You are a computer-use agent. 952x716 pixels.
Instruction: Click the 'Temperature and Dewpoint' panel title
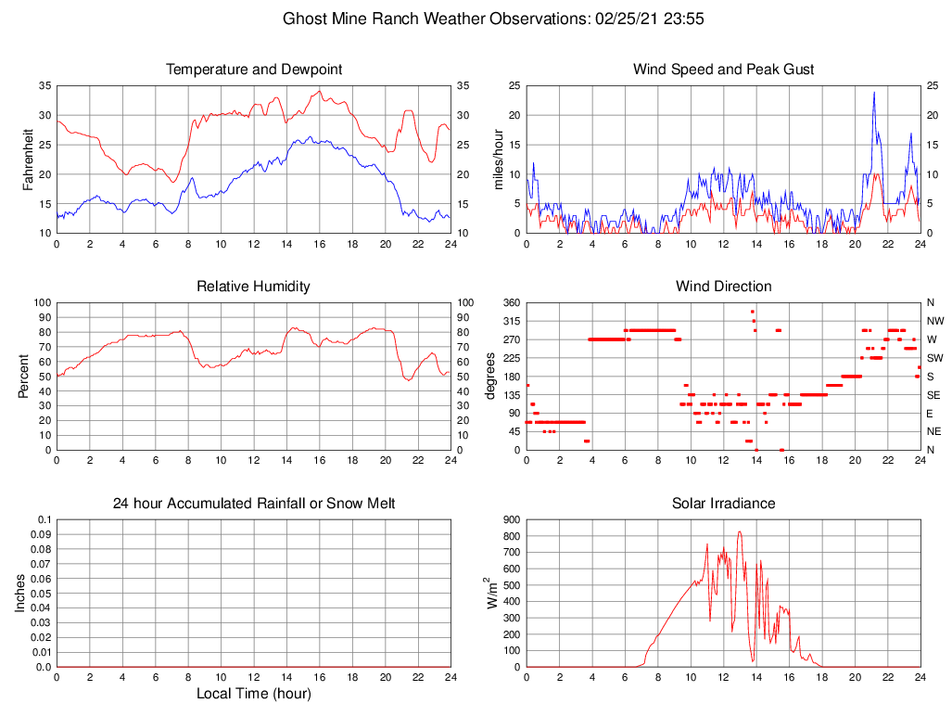click(x=253, y=70)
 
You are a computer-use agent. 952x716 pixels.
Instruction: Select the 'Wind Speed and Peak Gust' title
click(x=723, y=70)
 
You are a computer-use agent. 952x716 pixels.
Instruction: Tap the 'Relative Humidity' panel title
click(x=253, y=287)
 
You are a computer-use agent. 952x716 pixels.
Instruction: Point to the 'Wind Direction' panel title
click(x=723, y=287)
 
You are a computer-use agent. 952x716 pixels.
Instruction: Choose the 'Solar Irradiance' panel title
click(x=723, y=504)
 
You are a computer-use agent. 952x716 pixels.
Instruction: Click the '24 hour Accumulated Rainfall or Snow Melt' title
click(x=253, y=504)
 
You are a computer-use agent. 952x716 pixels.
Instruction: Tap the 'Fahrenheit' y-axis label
click(x=29, y=160)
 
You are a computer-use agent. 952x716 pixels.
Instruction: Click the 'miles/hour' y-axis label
click(x=498, y=160)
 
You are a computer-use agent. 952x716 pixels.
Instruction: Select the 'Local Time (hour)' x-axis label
click(x=253, y=694)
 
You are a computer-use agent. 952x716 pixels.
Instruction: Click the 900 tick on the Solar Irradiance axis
click(x=509, y=519)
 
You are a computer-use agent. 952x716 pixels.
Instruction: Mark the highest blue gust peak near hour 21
click(x=873, y=92)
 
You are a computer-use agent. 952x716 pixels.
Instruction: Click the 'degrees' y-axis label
click(x=490, y=377)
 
